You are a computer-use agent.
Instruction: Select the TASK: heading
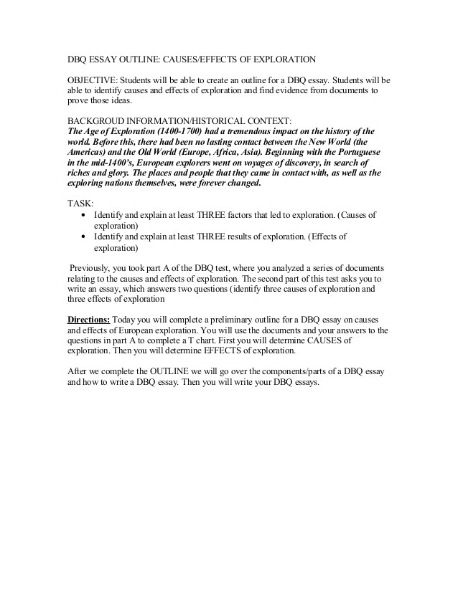point(80,204)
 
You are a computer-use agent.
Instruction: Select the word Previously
point(95,267)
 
